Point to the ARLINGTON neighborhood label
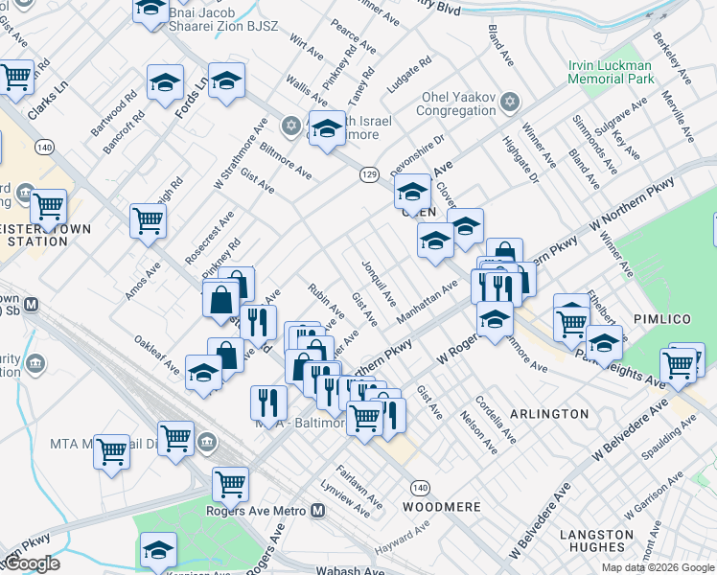pyautogui.click(x=550, y=413)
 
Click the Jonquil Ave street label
pyautogui.click(x=379, y=283)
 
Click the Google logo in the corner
pyautogui.click(x=31, y=563)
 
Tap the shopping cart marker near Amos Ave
pyautogui.click(x=148, y=221)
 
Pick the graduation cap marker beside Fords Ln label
pyautogui.click(x=165, y=83)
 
